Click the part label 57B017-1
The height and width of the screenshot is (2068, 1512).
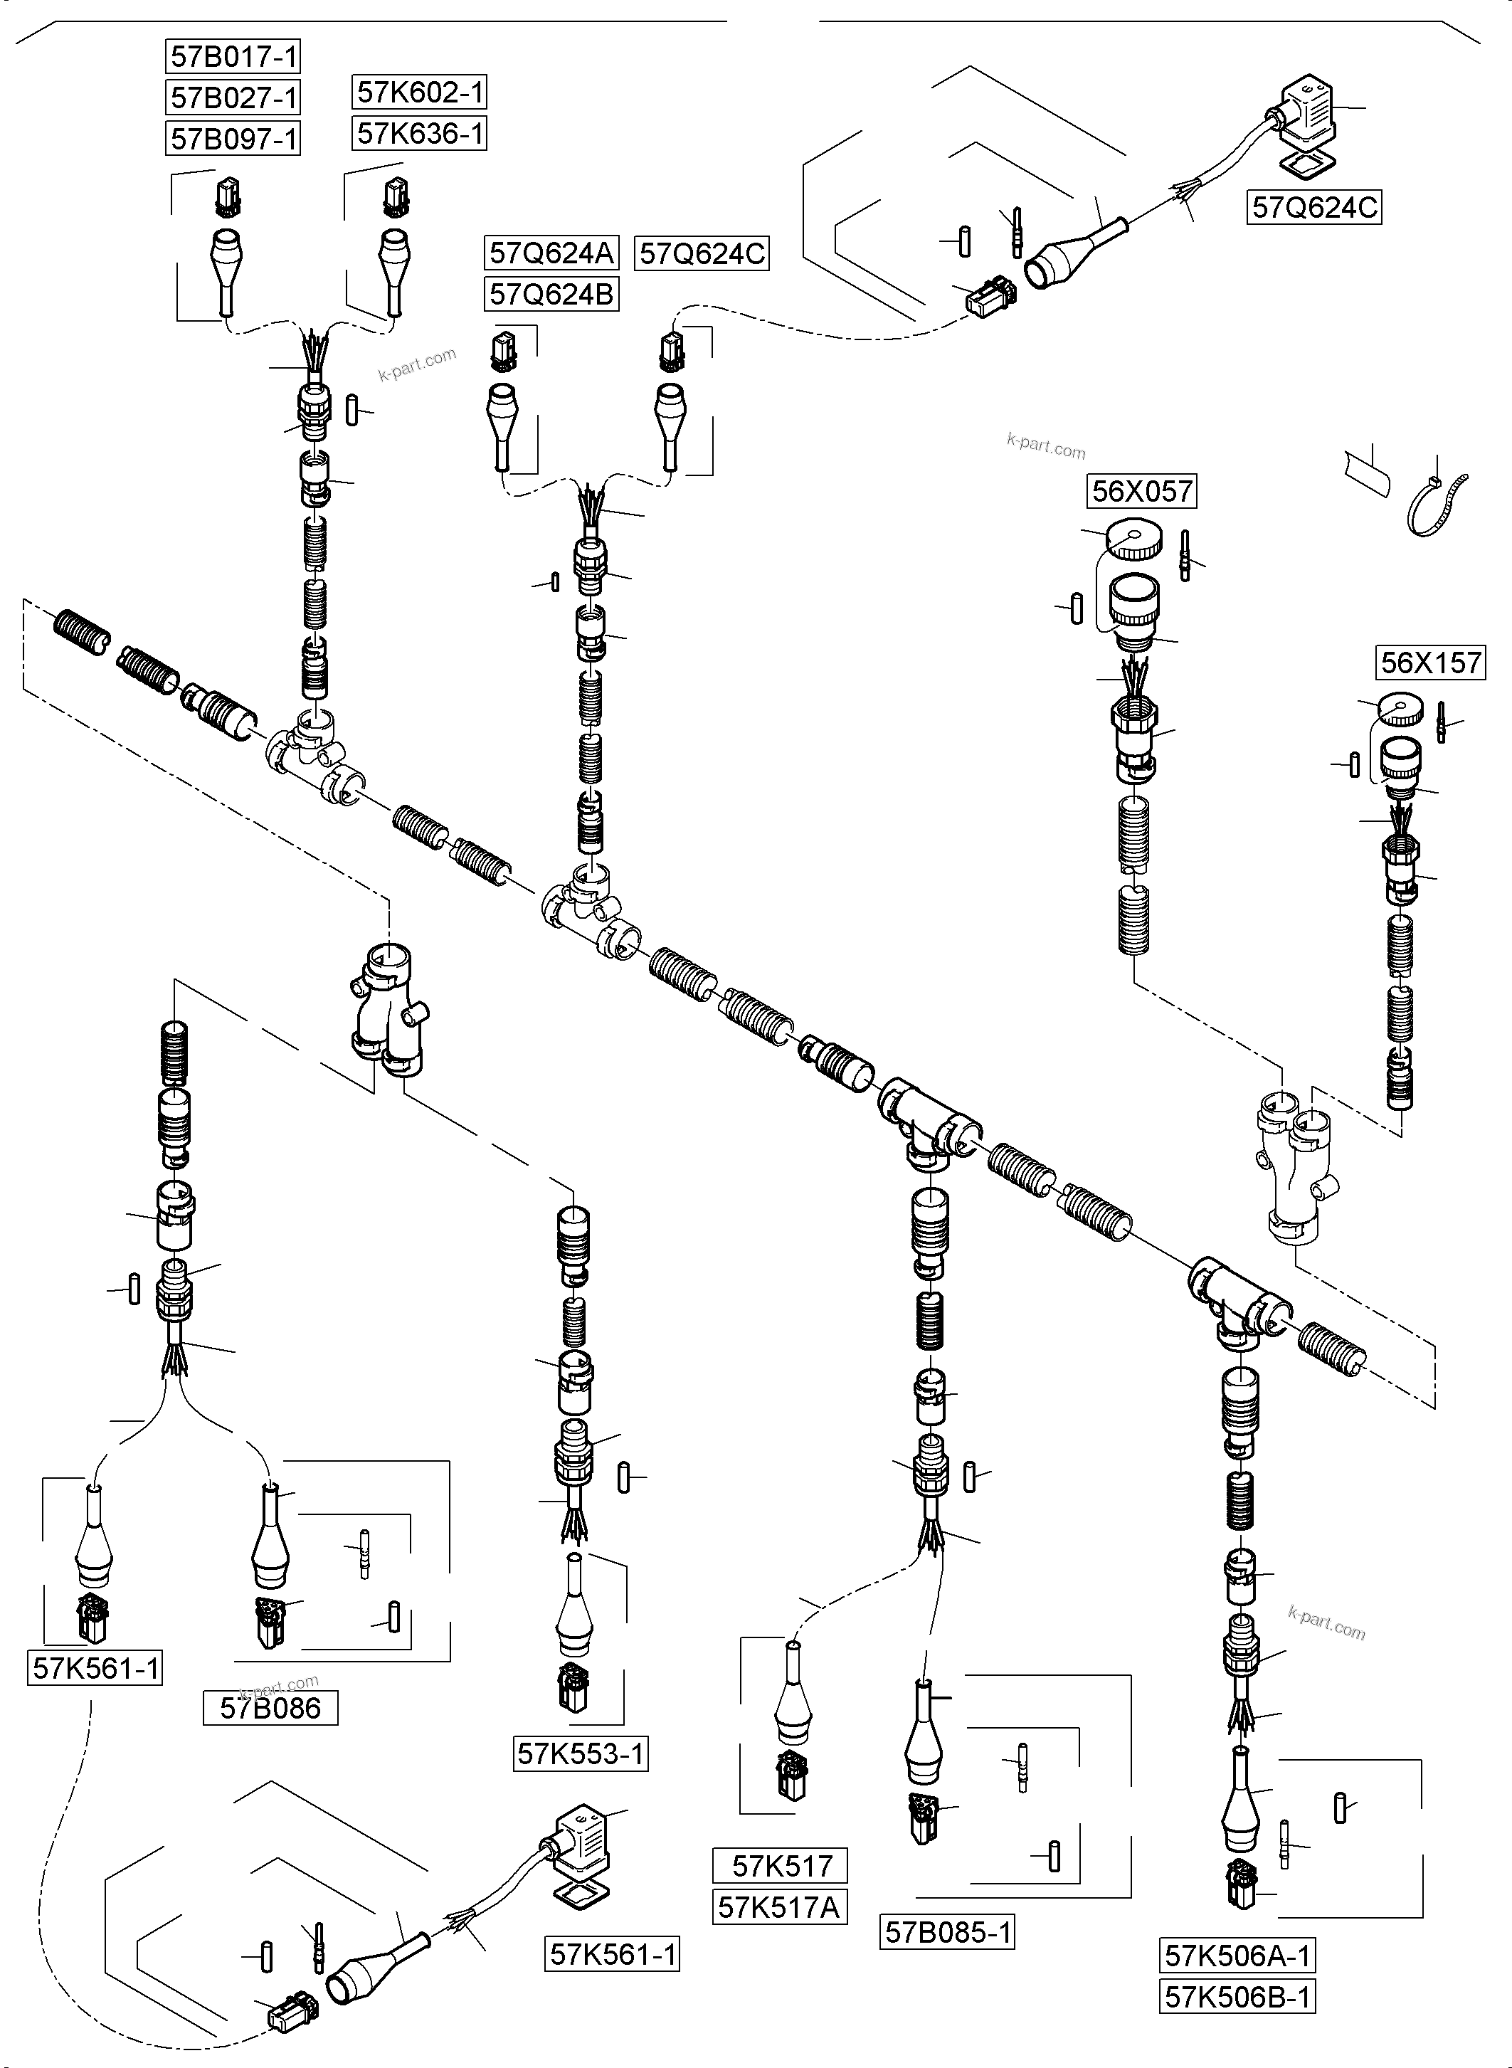(234, 57)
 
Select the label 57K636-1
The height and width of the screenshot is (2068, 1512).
(419, 134)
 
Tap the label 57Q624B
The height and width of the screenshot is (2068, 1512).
(551, 295)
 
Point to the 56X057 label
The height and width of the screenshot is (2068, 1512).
(1141, 492)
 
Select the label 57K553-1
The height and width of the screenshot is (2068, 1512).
(581, 1754)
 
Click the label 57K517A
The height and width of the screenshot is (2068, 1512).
(779, 1908)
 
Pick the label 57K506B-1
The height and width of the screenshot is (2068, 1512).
(1237, 1997)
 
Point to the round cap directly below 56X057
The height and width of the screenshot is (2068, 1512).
(1135, 540)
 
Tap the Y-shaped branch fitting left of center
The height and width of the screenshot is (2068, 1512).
(389, 1011)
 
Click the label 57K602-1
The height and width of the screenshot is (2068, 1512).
(419, 93)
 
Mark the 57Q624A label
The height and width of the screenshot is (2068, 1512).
(551, 253)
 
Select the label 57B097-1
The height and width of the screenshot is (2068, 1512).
(234, 139)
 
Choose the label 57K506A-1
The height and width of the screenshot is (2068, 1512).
(1237, 1956)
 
